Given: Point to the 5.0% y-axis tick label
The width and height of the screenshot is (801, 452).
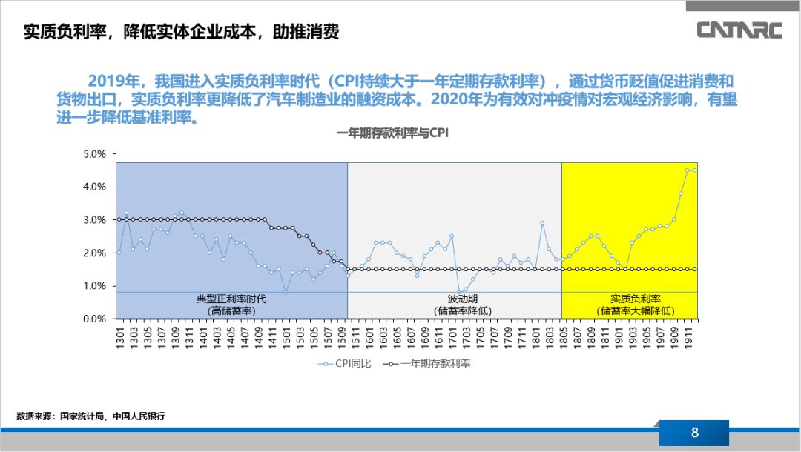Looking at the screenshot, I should (94, 154).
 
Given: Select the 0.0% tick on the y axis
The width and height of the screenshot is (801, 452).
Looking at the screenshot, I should (94, 319).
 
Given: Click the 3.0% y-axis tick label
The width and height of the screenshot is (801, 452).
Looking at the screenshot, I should (94, 220).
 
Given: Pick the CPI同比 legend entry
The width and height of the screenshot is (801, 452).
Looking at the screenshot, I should (344, 363).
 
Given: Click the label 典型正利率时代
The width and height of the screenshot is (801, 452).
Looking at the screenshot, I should (231, 299).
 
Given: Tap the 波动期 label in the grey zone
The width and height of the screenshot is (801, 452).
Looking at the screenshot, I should (453, 299).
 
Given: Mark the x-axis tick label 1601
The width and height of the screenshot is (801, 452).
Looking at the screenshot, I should (369, 338).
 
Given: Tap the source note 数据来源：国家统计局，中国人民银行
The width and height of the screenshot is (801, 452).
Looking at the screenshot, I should (90, 416).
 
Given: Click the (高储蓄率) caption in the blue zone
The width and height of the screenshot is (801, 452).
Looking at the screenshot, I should (231, 310).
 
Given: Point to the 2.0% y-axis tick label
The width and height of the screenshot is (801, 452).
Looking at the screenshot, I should (94, 253).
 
